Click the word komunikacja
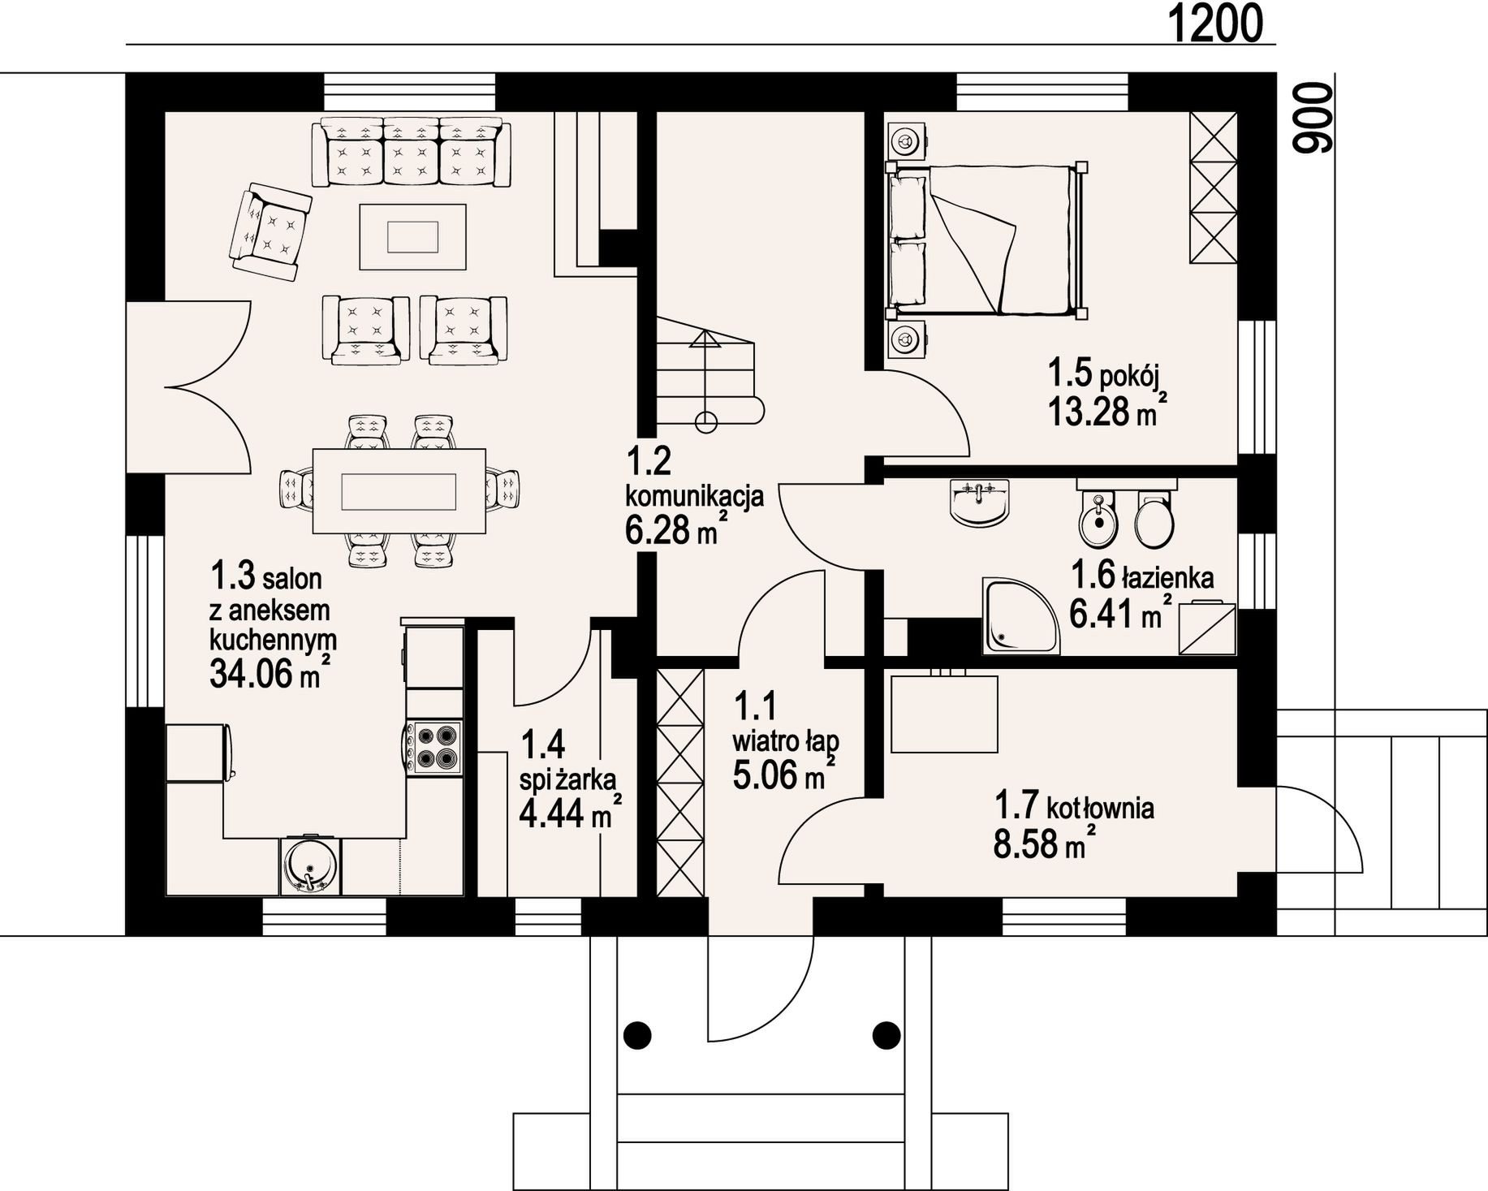(x=694, y=494)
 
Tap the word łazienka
(x=1168, y=578)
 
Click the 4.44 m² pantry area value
(x=571, y=812)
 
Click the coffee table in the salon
(x=412, y=237)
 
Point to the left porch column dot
(x=638, y=1034)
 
